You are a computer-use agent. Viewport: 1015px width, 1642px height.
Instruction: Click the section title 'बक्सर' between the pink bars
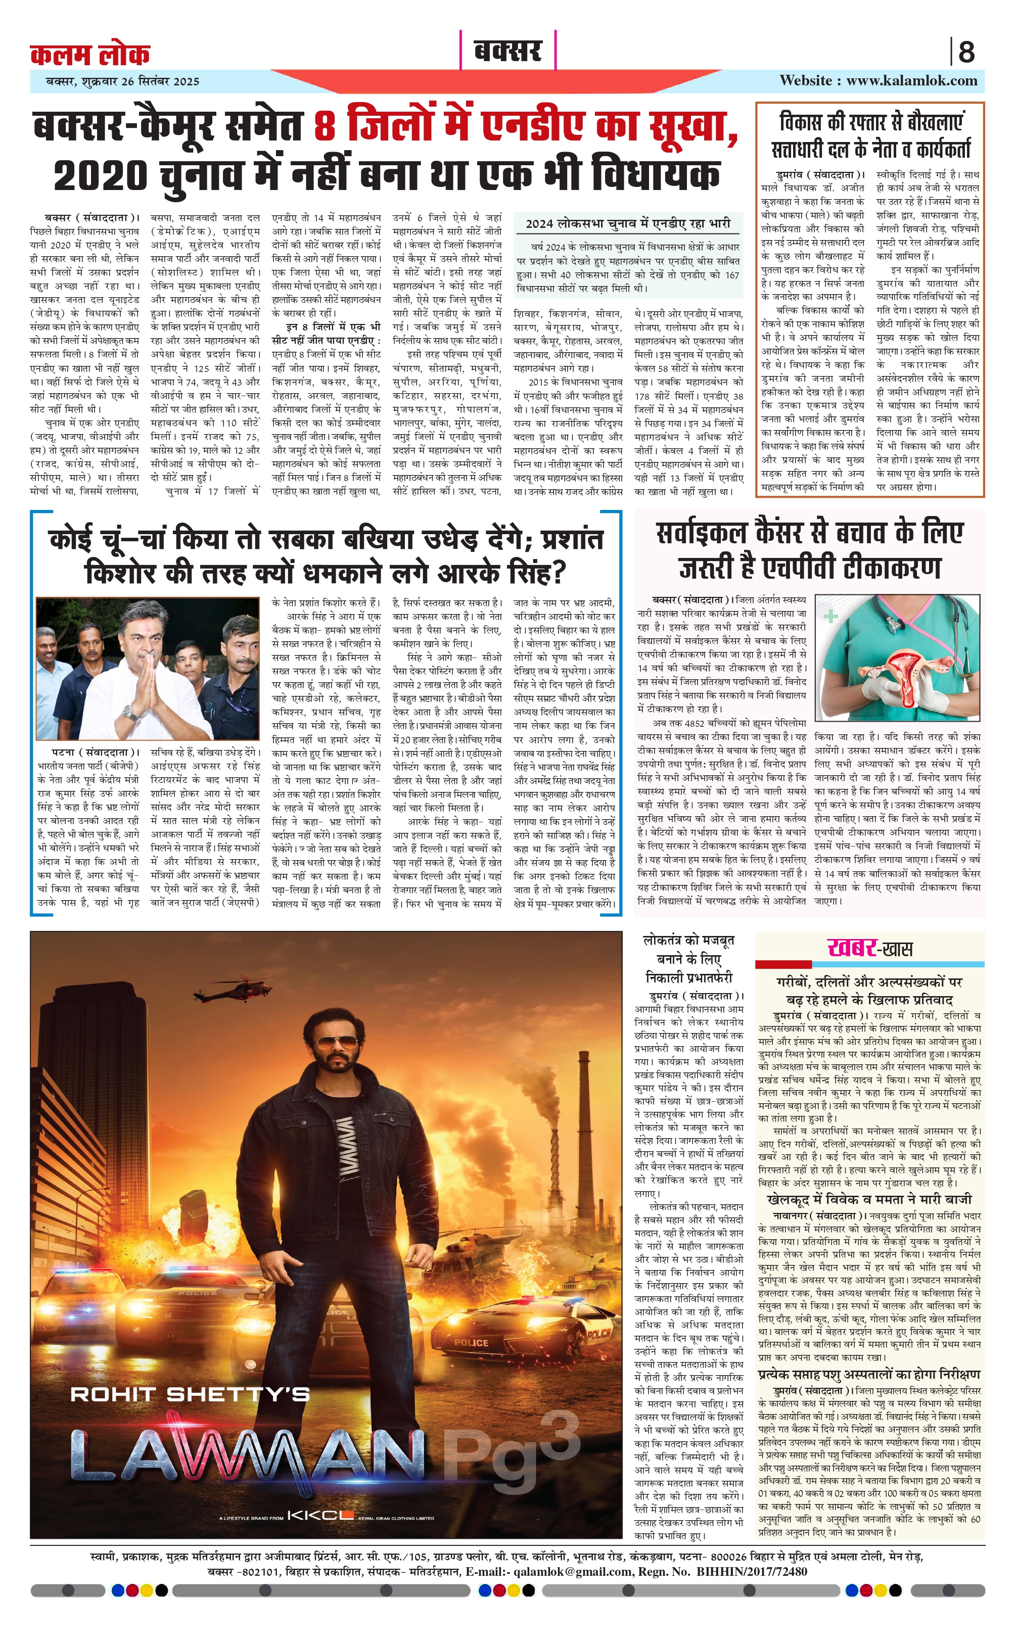507,51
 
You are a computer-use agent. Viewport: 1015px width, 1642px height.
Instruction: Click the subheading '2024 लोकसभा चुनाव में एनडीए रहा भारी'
628,223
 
